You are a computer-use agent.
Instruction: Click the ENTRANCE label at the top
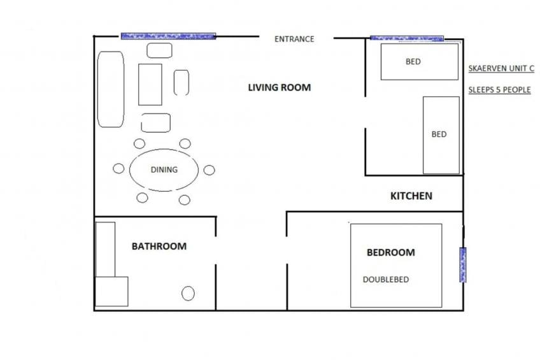294,39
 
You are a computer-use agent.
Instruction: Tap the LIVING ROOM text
280,87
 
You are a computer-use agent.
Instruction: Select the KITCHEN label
411,196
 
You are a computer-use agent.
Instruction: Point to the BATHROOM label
159,246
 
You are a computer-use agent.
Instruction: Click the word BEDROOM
390,252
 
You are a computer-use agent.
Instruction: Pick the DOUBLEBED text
386,279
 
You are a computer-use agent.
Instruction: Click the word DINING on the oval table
164,169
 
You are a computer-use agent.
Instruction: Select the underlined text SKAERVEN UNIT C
501,68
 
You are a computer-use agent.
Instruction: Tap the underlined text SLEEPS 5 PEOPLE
499,90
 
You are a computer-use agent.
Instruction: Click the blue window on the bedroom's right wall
463,264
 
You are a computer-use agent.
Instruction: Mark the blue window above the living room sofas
168,36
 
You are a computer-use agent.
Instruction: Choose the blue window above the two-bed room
407,38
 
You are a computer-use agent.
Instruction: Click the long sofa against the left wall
110,89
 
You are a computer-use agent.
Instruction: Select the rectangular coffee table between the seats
150,84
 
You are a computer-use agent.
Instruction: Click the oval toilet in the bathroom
188,293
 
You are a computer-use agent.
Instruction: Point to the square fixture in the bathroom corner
111,291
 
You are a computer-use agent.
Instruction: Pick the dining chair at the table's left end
118,168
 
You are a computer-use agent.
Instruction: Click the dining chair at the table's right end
209,169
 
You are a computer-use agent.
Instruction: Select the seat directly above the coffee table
159,50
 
